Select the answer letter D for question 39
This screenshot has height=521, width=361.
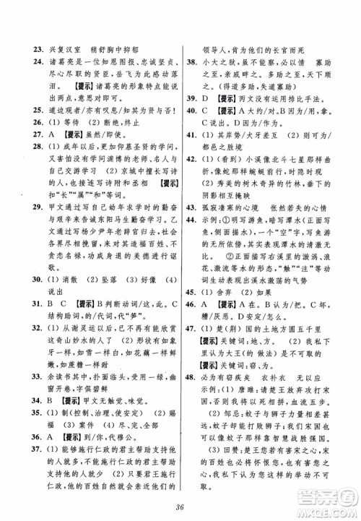coord(210,98)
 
